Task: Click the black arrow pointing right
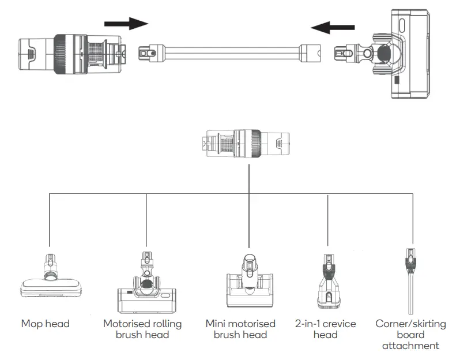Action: tap(126, 24)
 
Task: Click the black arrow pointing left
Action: tap(333, 28)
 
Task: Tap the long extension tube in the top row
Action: tap(229, 53)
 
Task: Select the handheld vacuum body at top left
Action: tap(73, 55)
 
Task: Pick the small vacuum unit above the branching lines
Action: tap(248, 144)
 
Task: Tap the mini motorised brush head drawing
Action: tap(250, 281)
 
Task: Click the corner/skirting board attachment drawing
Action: tap(410, 281)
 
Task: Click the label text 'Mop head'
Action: tap(46, 324)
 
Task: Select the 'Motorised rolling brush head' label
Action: tap(142, 329)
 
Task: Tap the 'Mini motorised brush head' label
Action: tap(240, 329)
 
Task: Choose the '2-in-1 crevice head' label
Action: tap(325, 329)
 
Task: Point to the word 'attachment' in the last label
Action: tap(410, 346)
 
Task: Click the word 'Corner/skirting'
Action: tap(410, 324)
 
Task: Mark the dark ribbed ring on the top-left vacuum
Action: tap(61, 55)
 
